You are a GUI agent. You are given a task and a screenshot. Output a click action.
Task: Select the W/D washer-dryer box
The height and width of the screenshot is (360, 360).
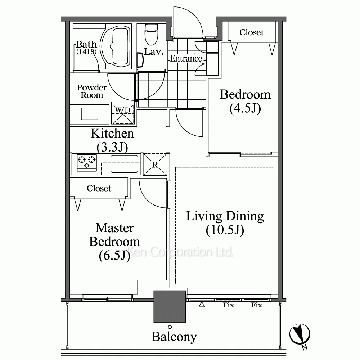click(x=123, y=114)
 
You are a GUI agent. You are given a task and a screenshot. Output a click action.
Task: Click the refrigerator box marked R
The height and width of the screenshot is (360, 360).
click(x=155, y=164)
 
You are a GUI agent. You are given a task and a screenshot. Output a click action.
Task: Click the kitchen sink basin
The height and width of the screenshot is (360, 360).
click(x=125, y=164)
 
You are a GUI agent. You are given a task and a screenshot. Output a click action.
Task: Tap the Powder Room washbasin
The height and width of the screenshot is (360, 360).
click(x=90, y=114)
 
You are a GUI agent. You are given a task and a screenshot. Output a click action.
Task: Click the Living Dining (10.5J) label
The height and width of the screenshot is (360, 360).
click(x=225, y=223)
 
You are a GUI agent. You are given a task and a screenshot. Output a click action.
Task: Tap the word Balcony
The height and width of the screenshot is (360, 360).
click(x=174, y=337)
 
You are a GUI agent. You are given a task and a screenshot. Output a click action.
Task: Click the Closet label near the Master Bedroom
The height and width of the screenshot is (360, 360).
click(x=99, y=188)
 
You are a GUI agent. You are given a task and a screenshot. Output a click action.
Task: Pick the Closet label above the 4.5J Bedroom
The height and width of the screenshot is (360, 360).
click(x=252, y=32)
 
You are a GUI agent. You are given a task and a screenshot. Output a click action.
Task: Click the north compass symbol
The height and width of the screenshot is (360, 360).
click(x=300, y=334)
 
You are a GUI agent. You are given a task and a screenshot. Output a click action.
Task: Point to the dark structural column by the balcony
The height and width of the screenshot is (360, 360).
click(x=170, y=306)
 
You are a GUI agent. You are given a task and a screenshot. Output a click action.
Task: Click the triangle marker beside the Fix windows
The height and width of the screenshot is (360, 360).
click(x=202, y=305)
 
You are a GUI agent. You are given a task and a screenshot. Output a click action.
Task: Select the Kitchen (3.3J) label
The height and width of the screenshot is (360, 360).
click(x=112, y=140)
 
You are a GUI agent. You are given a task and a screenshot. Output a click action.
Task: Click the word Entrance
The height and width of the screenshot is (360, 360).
click(x=186, y=59)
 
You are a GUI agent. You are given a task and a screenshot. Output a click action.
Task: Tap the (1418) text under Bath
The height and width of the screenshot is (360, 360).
click(x=86, y=51)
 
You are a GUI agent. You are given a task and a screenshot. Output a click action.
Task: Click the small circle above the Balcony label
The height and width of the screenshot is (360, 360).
click(x=170, y=327)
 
